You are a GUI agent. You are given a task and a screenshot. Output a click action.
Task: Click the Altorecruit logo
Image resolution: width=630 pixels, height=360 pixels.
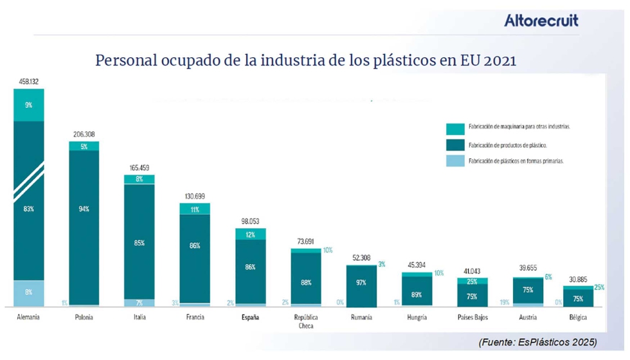pos(541,21)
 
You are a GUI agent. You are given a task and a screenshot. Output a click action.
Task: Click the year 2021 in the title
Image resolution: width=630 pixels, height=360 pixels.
pos(500,61)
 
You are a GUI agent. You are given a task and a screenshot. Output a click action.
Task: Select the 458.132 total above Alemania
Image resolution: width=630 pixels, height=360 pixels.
pos(28,82)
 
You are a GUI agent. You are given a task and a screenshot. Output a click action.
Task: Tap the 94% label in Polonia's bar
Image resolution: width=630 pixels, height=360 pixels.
pos(84,209)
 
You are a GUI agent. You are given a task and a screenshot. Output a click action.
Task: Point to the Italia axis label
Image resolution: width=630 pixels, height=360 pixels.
pos(139,317)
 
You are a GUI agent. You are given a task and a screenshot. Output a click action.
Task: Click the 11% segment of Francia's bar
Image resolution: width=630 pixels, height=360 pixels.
pos(194,209)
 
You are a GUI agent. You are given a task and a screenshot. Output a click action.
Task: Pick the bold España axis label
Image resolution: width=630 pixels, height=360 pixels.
pos(250,317)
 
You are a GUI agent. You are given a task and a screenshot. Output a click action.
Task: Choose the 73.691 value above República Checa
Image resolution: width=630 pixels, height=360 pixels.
pos(305,241)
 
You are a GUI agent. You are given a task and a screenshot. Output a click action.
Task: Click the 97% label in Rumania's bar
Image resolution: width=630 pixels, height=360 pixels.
pos(361,283)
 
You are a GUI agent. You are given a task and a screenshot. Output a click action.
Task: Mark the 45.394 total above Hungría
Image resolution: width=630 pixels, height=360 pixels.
pos(416,265)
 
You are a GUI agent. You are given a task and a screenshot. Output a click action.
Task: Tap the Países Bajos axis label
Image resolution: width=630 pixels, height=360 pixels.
pos(472,317)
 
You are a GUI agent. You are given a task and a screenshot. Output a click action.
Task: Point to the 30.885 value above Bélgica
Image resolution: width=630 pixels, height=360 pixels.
pos(582,280)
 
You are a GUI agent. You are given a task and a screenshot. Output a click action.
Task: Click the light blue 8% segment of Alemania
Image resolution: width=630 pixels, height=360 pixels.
pos(29,292)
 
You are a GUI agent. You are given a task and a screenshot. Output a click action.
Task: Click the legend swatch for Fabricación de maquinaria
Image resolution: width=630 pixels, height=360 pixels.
pos(455,127)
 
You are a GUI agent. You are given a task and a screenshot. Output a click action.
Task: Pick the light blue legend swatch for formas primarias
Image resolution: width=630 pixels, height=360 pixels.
pos(455,161)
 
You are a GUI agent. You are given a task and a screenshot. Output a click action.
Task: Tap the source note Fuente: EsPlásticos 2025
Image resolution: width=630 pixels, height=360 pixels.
pos(537,341)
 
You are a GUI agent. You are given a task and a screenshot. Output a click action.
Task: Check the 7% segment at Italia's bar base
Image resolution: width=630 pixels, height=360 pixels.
pos(139,302)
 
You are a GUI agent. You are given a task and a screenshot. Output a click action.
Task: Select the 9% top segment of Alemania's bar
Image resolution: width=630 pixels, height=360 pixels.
pos(29,105)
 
